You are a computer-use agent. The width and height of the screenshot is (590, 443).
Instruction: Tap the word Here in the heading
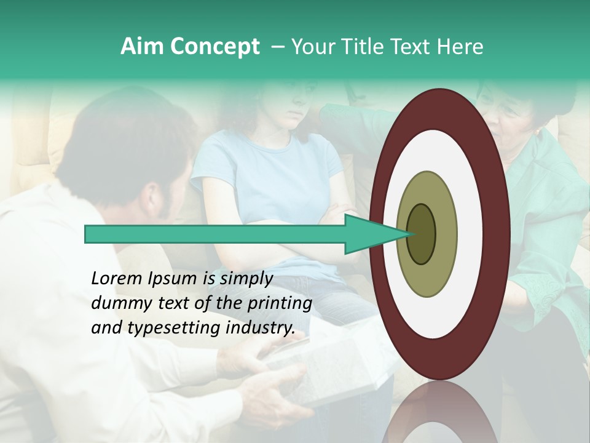pos(461,46)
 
